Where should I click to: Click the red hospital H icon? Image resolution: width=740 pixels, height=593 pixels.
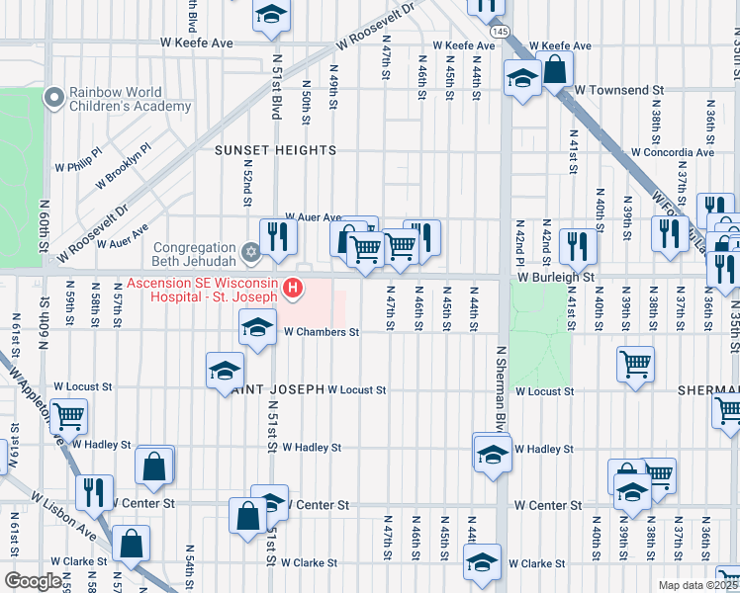point(293,289)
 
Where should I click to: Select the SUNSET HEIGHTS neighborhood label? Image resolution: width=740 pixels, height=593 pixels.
point(276,150)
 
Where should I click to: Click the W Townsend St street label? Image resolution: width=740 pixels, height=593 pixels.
point(618,90)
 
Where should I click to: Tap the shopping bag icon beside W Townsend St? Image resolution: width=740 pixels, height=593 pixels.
point(556,68)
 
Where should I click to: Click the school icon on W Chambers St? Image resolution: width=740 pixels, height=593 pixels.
point(257,327)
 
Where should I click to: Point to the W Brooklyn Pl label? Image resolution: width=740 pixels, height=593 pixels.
point(123,167)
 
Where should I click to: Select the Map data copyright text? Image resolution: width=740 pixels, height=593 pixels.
point(698,585)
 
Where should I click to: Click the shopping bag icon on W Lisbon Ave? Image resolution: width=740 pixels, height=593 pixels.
point(131,541)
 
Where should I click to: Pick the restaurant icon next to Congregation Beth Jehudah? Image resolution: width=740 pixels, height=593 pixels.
point(279,236)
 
